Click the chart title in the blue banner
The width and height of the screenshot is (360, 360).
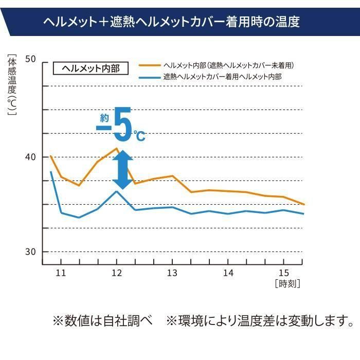click(171, 22)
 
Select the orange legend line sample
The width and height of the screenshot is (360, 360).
click(150, 66)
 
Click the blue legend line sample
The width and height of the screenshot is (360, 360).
click(150, 77)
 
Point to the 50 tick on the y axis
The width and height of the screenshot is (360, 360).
click(30, 59)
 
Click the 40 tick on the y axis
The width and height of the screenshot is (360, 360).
click(30, 157)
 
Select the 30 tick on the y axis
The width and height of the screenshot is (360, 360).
click(30, 251)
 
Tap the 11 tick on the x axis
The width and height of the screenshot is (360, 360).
click(61, 273)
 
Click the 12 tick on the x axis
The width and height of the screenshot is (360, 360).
click(117, 273)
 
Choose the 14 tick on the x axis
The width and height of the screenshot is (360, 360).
click(228, 273)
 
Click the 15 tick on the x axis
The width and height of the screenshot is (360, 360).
click(283, 273)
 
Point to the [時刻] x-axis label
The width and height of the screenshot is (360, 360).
click(287, 283)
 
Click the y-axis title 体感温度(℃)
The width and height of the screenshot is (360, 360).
click(11, 85)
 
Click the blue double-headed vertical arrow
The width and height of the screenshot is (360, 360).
click(122, 169)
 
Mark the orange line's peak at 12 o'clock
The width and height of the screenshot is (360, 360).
click(117, 148)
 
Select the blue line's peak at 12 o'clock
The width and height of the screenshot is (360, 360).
click(117, 191)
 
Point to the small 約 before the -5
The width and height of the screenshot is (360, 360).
click(104, 117)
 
